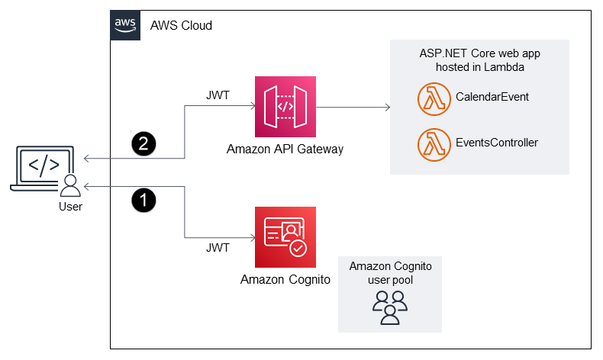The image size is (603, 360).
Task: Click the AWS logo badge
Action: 125,24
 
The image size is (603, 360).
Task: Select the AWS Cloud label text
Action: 181,25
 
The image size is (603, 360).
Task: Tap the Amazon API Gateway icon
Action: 285,106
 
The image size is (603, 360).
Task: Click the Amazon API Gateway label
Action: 285,149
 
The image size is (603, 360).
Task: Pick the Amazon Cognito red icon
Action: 285,236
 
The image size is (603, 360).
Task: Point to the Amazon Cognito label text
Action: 285,279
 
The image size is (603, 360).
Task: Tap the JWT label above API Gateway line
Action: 218,95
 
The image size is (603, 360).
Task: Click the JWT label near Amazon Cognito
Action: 218,248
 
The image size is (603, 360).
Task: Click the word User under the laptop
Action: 70,206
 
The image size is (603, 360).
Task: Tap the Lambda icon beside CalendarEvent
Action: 433,98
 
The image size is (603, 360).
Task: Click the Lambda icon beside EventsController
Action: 433,143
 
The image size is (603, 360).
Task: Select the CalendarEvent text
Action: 492,98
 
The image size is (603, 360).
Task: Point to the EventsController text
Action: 497,143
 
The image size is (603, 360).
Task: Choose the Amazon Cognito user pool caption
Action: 390,272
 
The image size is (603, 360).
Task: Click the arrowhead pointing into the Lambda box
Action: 386,107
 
